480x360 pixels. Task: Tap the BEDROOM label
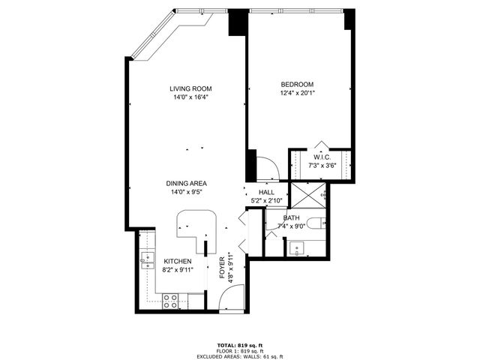[297, 84]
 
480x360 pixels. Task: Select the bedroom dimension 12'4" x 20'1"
[297, 94]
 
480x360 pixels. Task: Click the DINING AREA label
[187, 183]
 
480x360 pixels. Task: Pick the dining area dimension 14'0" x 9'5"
[187, 192]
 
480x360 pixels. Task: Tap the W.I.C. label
[322, 157]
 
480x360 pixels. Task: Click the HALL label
[266, 192]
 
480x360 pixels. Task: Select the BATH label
[291, 217]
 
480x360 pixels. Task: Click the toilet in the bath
[318, 221]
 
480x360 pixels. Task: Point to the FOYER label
[222, 268]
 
